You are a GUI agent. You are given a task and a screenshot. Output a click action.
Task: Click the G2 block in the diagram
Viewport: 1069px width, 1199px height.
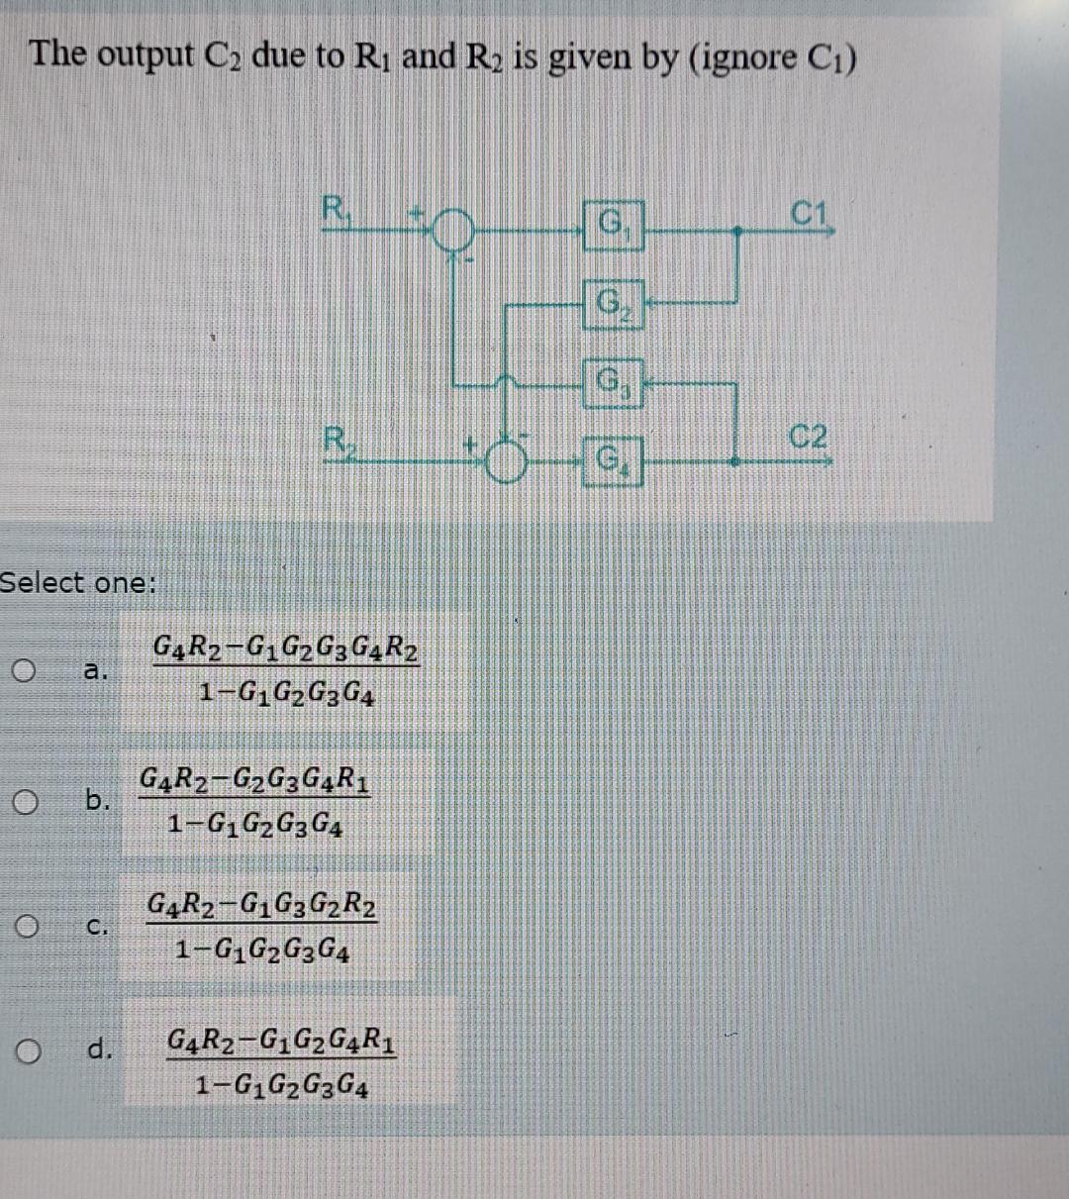[x=615, y=300]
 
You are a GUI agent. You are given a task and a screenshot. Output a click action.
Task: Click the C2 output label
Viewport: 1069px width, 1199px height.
[x=810, y=437]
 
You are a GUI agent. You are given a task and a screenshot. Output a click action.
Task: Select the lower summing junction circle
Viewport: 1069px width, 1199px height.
[x=507, y=461]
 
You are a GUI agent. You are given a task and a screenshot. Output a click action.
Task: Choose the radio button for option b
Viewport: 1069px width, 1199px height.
[x=26, y=800]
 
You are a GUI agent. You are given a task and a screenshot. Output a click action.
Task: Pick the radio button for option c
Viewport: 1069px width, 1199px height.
[x=26, y=927]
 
